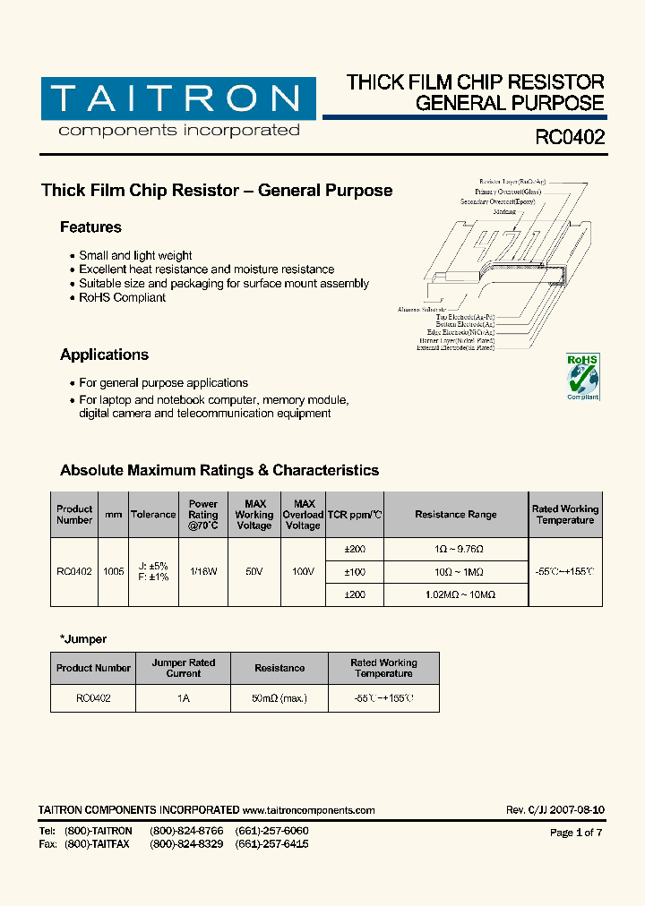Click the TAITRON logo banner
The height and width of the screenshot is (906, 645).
(177, 98)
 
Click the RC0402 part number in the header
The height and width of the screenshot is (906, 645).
(569, 138)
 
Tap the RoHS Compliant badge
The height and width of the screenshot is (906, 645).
(583, 376)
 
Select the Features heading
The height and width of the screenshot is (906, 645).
(90, 227)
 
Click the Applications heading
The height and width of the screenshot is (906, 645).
(104, 355)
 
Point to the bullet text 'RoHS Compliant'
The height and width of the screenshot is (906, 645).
(122, 297)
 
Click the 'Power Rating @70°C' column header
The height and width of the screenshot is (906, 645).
(203, 515)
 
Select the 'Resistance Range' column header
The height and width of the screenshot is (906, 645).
(455, 515)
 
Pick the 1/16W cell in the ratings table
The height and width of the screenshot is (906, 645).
(203, 571)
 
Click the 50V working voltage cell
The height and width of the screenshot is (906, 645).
(254, 571)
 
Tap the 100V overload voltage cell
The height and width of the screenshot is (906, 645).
(303, 571)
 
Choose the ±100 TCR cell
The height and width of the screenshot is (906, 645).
(355, 571)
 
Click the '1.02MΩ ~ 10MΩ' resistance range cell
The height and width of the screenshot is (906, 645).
(455, 594)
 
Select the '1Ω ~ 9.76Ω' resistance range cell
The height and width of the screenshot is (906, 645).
(455, 549)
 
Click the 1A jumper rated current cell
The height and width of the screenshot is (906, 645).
(183, 698)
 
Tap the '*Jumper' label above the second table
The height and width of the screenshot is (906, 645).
(83, 639)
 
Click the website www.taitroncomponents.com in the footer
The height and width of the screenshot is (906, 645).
(308, 810)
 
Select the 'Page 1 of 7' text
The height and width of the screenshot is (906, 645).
(576, 833)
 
